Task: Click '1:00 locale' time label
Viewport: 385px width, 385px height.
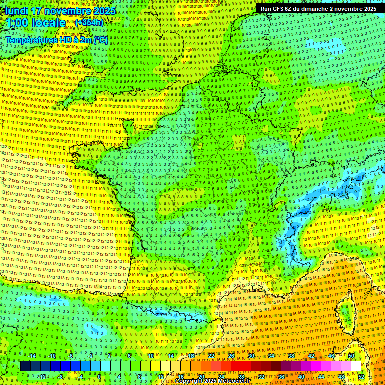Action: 36,23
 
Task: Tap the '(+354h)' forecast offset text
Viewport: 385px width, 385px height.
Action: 89,22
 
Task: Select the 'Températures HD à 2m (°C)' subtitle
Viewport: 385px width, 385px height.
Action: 57,40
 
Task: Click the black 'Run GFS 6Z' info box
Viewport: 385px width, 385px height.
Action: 318,9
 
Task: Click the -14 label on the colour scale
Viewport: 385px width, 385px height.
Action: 32,356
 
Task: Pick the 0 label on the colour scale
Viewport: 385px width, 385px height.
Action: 99,377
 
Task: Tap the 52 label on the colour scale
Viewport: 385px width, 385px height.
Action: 361,377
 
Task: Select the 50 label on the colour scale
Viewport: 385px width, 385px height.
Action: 351,356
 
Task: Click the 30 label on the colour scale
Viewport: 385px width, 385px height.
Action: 251,356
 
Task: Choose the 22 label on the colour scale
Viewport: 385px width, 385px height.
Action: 211,356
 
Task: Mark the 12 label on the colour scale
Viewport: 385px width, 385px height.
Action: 160,377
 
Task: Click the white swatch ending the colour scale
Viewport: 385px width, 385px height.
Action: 356,366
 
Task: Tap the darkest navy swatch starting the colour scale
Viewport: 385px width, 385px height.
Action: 25,366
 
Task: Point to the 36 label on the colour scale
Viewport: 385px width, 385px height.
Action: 281,377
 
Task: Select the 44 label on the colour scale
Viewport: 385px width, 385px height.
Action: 321,377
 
